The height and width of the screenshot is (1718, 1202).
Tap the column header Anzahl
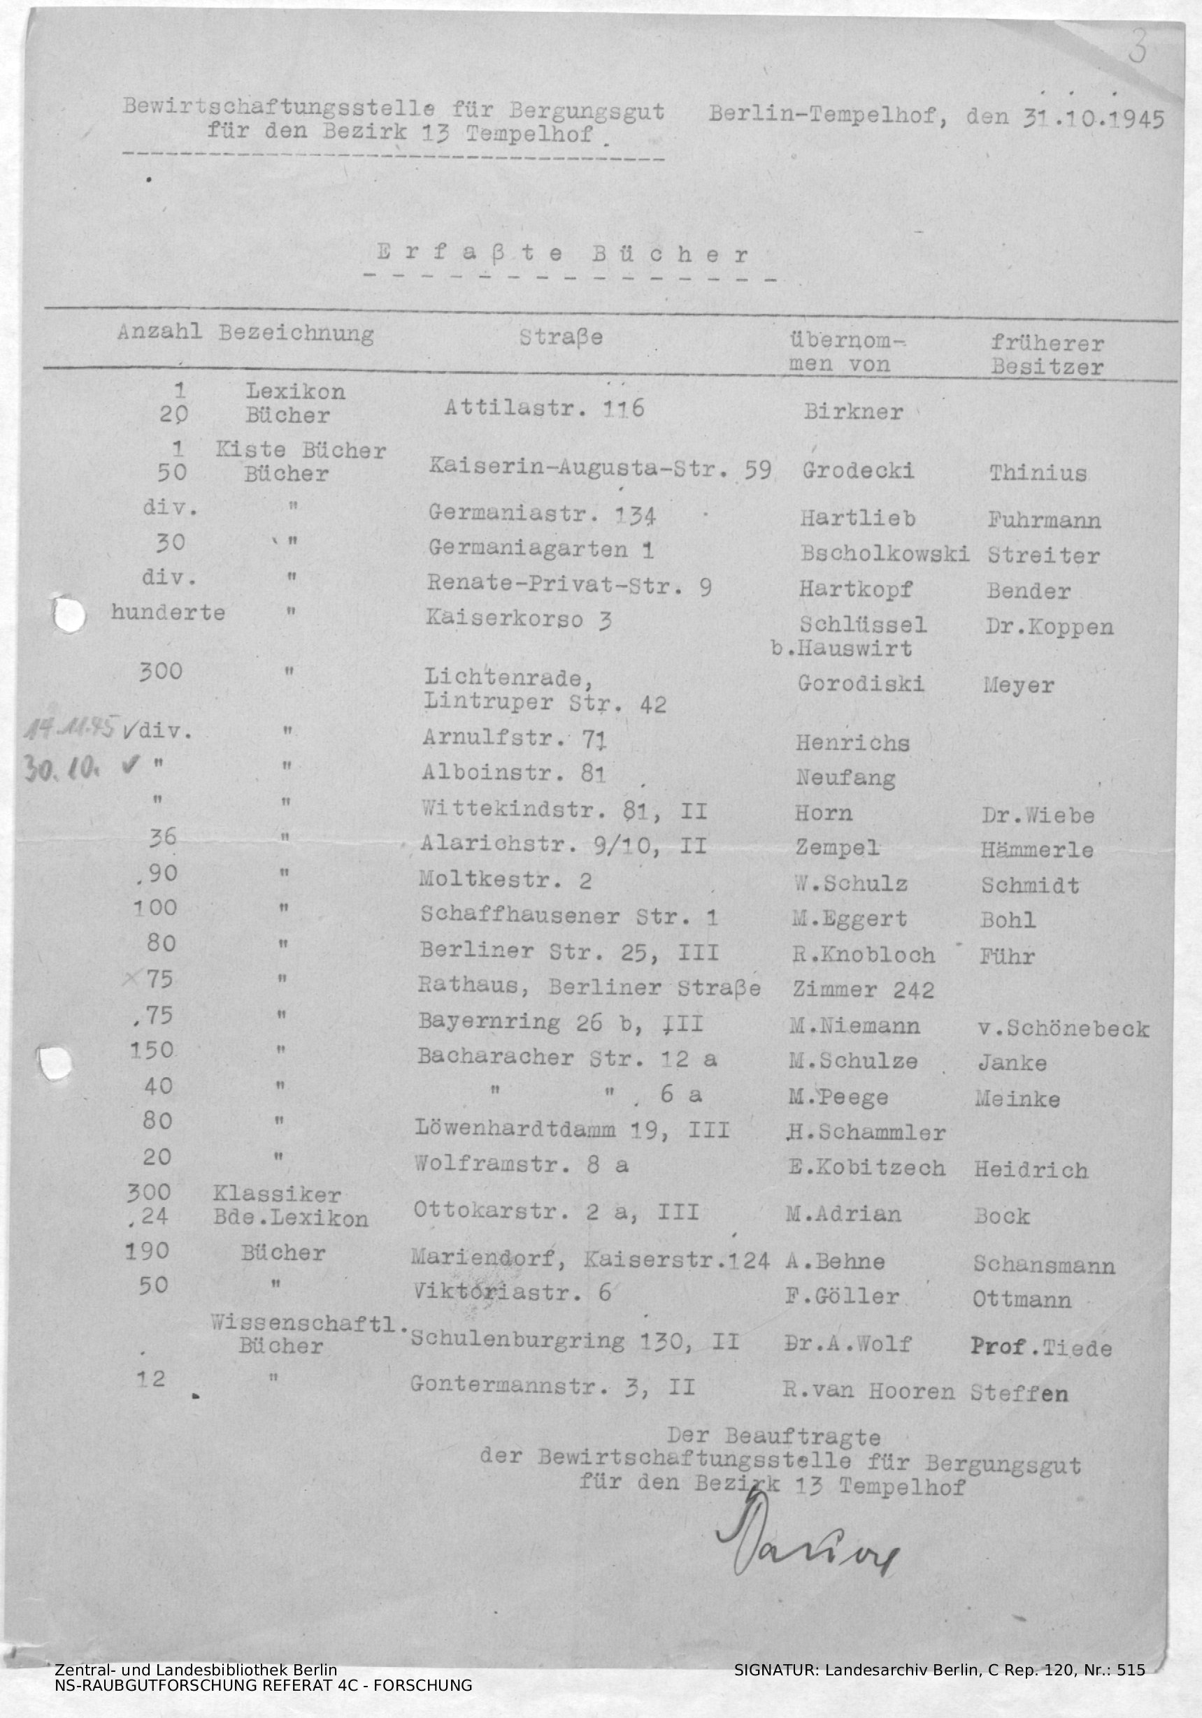tap(159, 333)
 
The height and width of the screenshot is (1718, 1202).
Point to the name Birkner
tap(853, 412)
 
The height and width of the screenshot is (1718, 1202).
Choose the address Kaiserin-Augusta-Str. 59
tap(599, 468)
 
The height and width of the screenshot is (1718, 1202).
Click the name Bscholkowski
tap(884, 554)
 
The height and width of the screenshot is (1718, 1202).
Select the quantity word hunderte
tap(168, 613)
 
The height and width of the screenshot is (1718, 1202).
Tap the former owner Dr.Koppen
tap(1050, 626)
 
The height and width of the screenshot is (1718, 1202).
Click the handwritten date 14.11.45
tap(71, 730)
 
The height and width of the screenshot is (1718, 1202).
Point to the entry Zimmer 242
tap(863, 990)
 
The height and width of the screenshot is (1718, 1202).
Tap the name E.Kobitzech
tap(866, 1168)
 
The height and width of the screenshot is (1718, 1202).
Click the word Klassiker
tap(277, 1196)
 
